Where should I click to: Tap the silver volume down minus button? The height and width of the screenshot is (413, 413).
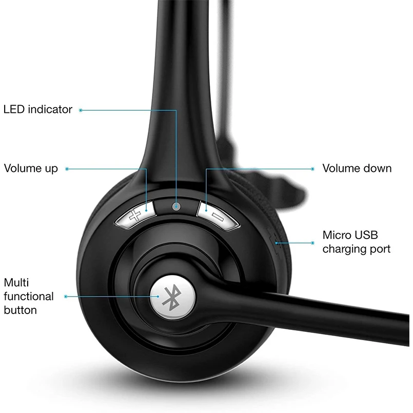[218, 214]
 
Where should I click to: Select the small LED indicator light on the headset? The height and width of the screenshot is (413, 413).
[176, 206]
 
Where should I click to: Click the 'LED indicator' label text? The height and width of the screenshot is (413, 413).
[38, 109]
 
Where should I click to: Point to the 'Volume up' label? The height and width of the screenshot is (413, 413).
[31, 168]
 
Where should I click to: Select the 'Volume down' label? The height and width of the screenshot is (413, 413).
[357, 168]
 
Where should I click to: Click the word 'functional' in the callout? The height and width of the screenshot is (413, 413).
[29, 296]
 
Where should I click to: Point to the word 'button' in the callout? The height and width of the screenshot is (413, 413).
[21, 310]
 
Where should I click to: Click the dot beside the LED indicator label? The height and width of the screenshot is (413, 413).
[81, 109]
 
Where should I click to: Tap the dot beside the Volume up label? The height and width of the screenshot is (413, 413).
[67, 168]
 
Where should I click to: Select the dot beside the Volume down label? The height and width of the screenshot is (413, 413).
[313, 168]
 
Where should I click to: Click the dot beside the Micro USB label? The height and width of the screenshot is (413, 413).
[313, 242]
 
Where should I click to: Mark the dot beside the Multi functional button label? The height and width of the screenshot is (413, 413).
[66, 296]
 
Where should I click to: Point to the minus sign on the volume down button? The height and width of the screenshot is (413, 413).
[218, 215]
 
